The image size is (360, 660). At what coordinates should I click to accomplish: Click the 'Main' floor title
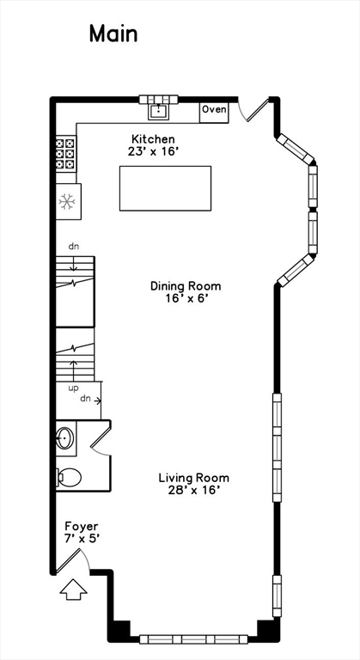[113, 34]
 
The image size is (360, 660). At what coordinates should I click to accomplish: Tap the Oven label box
[214, 110]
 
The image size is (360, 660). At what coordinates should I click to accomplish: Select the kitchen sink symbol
[158, 110]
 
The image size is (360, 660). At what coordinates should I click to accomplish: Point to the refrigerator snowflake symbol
[66, 202]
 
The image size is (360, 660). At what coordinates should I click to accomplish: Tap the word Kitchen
[153, 139]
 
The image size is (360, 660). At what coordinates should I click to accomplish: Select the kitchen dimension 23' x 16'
[153, 151]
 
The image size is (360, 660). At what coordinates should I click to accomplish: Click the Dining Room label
[186, 286]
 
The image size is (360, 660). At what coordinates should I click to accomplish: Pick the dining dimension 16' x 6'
[186, 299]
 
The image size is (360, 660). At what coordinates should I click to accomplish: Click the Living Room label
[193, 478]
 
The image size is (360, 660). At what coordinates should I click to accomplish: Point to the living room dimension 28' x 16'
[193, 491]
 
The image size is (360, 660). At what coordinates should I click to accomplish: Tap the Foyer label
[82, 526]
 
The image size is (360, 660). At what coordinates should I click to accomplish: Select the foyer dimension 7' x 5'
[82, 539]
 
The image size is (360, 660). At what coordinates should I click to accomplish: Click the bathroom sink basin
[66, 439]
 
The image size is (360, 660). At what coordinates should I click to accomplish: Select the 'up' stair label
[73, 388]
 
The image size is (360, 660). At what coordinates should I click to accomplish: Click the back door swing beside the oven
[249, 108]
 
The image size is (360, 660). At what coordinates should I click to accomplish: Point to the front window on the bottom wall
[194, 639]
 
